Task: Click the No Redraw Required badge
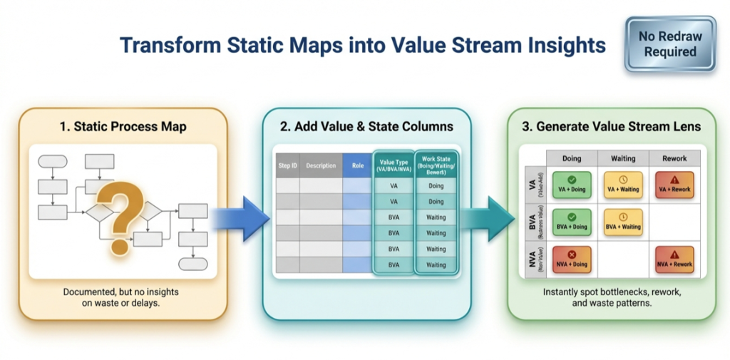click(669, 44)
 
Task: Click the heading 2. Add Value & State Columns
click(366, 127)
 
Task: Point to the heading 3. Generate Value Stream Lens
click(611, 127)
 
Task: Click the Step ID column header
click(287, 165)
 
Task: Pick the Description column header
click(321, 165)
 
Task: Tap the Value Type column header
click(394, 165)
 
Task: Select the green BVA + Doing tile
click(571, 221)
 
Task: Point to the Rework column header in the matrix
click(674, 158)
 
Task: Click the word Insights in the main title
click(557, 46)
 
